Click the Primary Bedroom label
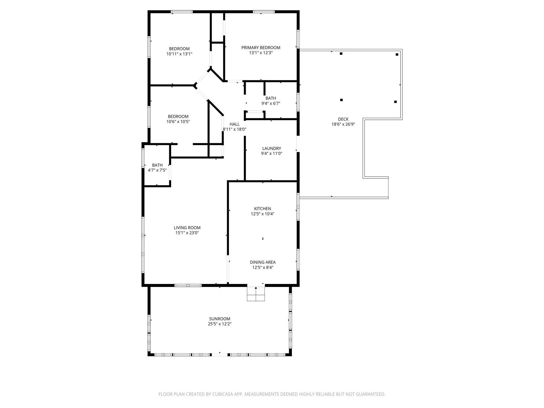click(x=261, y=48)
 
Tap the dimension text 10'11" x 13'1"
click(x=179, y=54)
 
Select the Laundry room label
click(x=271, y=148)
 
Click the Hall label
click(x=234, y=124)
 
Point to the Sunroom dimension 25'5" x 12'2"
click(x=219, y=324)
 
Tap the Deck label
click(x=343, y=119)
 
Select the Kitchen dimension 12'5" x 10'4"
click(x=262, y=214)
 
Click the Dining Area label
click(x=263, y=262)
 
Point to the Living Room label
click(x=187, y=228)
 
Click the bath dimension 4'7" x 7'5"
click(x=157, y=170)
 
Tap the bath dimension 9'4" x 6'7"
click(x=271, y=103)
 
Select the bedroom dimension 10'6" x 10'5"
click(x=178, y=122)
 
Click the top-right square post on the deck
click(x=397, y=54)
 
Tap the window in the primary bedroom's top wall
click(x=263, y=12)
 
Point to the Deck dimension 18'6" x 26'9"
click(x=343, y=124)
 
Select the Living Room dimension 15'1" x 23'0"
click(x=187, y=233)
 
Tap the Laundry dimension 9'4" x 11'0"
click(x=271, y=154)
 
